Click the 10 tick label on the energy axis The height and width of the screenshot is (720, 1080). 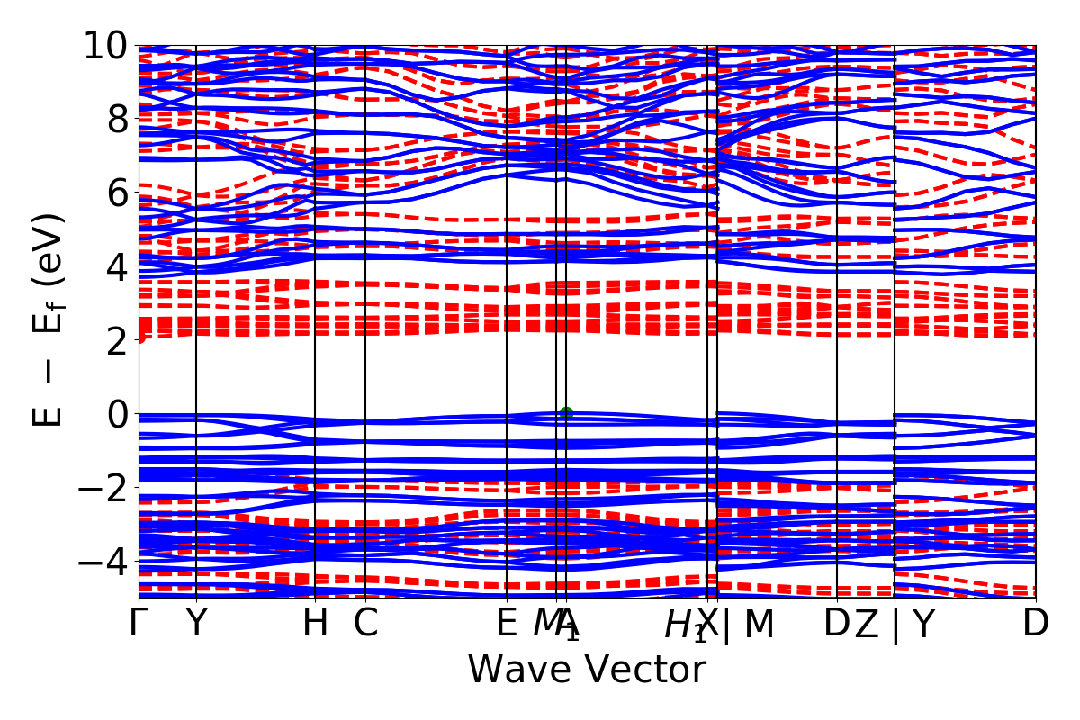pos(107,45)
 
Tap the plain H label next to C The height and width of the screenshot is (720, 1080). pos(315,623)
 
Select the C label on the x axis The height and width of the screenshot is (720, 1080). pos(365,623)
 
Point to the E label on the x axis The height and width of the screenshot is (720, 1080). pos(507,623)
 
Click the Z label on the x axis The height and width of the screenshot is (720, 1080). pos(867,623)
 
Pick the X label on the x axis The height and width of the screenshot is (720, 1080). pos(709,623)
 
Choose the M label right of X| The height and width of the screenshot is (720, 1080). pos(759,623)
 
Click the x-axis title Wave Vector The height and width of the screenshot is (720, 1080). pos(587,670)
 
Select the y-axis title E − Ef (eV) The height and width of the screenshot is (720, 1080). pos(49,319)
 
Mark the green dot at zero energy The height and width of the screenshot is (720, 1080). pos(566,413)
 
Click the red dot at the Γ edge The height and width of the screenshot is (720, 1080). pos(140,337)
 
